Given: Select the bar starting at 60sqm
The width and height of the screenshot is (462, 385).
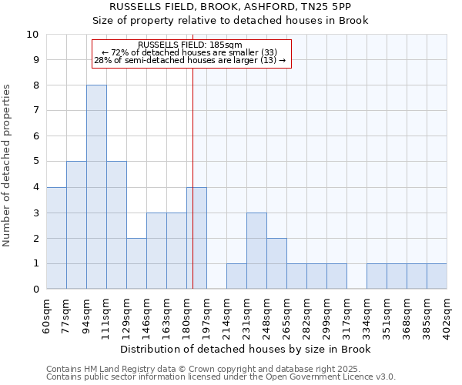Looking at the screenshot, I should click(56, 238).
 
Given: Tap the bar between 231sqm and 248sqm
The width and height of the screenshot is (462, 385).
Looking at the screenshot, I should click(256, 251).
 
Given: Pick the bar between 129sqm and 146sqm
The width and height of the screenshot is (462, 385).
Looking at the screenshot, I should click(136, 263).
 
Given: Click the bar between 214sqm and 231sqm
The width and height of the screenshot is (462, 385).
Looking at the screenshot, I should click(236, 276).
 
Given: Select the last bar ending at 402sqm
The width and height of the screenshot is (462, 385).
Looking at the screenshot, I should click(437, 276).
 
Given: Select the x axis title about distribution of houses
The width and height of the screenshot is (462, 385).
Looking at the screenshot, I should click(246, 350).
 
